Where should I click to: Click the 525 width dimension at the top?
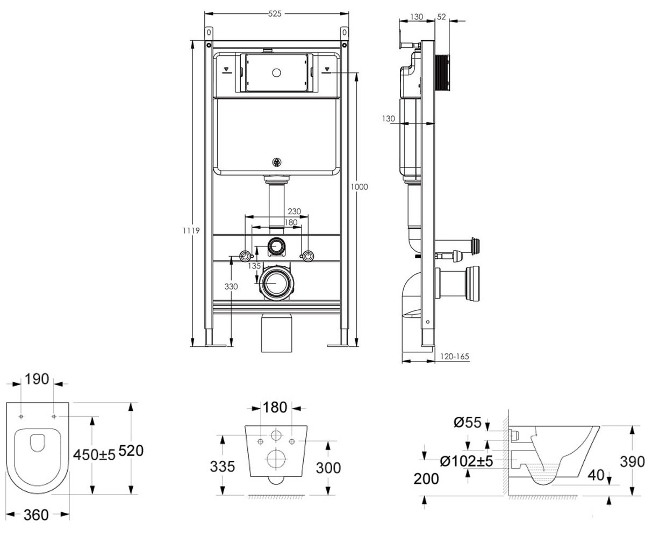[x=275, y=13]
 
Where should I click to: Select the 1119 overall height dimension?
[x=191, y=230]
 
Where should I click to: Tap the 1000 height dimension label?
[x=359, y=187]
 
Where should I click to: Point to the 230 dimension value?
[x=294, y=212]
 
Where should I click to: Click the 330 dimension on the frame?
[x=231, y=286]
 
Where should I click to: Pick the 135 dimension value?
[x=255, y=266]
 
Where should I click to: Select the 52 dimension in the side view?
[x=441, y=17]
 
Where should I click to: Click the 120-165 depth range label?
[x=454, y=357]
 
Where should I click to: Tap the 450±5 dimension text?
[x=94, y=455]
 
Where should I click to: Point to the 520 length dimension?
[x=131, y=451]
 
